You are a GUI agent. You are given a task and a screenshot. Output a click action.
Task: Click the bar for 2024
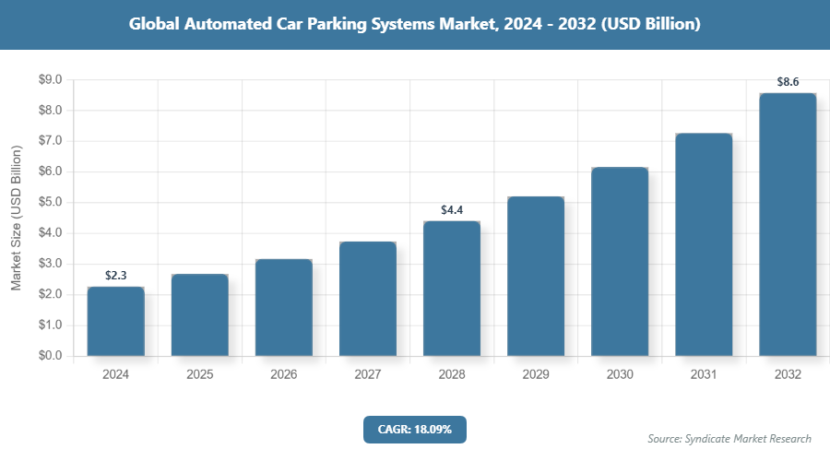click(116, 321)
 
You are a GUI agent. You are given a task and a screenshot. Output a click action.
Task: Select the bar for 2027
click(368, 299)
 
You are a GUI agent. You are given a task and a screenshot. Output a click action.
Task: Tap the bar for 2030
click(620, 262)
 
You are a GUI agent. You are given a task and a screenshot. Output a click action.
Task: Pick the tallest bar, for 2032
click(788, 224)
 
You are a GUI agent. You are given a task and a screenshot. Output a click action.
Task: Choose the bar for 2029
click(536, 276)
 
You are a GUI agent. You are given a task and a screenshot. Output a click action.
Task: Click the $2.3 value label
click(116, 276)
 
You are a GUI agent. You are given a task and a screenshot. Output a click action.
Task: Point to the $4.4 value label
click(452, 210)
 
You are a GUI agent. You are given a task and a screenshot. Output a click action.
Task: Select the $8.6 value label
click(788, 82)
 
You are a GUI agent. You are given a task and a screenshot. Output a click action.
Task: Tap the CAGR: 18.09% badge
click(414, 430)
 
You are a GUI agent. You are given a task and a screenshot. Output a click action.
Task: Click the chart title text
click(415, 25)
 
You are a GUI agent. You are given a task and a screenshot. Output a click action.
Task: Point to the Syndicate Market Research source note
click(729, 439)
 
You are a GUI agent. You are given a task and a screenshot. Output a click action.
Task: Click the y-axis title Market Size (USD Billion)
click(17, 218)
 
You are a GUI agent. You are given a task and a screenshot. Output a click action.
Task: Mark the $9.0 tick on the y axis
click(50, 80)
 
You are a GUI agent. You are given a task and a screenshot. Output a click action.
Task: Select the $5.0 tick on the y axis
click(50, 203)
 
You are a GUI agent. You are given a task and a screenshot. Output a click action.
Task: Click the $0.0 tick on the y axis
click(50, 356)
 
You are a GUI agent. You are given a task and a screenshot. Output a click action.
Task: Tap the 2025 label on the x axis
click(200, 375)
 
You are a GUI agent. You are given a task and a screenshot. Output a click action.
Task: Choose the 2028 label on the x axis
click(452, 375)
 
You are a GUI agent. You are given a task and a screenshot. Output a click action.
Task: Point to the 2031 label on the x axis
click(704, 375)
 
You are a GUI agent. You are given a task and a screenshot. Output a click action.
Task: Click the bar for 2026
click(284, 308)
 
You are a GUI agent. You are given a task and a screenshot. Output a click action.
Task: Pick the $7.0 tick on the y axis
click(50, 141)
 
